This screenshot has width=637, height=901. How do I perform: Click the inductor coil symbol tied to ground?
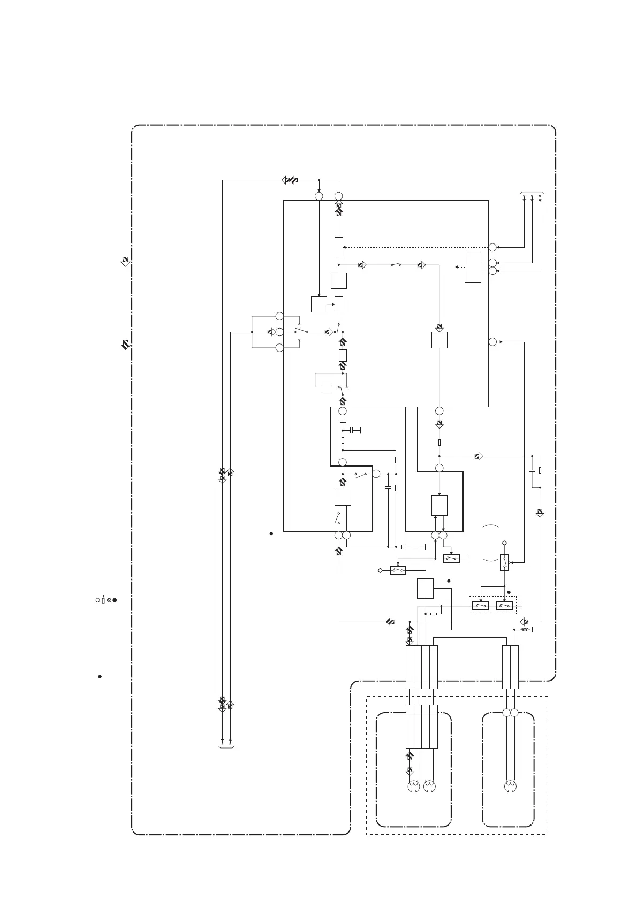coord(525,630)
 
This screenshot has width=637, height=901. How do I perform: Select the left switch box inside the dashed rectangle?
coord(480,606)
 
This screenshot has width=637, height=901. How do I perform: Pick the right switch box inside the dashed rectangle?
coord(505,606)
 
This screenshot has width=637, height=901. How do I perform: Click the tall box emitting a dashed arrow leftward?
coord(473,266)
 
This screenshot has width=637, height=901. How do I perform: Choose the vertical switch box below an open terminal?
coord(504,563)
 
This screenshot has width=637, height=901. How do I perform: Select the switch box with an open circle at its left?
coord(398,571)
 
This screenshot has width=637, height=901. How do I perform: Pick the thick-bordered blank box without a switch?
coord(425,589)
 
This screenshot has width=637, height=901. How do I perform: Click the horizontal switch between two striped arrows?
coord(396,264)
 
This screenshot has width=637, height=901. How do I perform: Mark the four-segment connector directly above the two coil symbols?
coord(422,726)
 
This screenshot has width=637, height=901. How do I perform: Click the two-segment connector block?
coord(510,667)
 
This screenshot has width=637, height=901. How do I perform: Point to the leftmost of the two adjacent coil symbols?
coord(413,787)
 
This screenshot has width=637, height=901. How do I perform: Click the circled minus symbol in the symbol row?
coord(97,600)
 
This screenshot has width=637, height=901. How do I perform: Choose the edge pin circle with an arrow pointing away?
coord(492,341)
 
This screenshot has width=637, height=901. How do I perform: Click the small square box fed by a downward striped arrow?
coord(439,340)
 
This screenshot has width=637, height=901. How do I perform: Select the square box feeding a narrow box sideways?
coord(318,304)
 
